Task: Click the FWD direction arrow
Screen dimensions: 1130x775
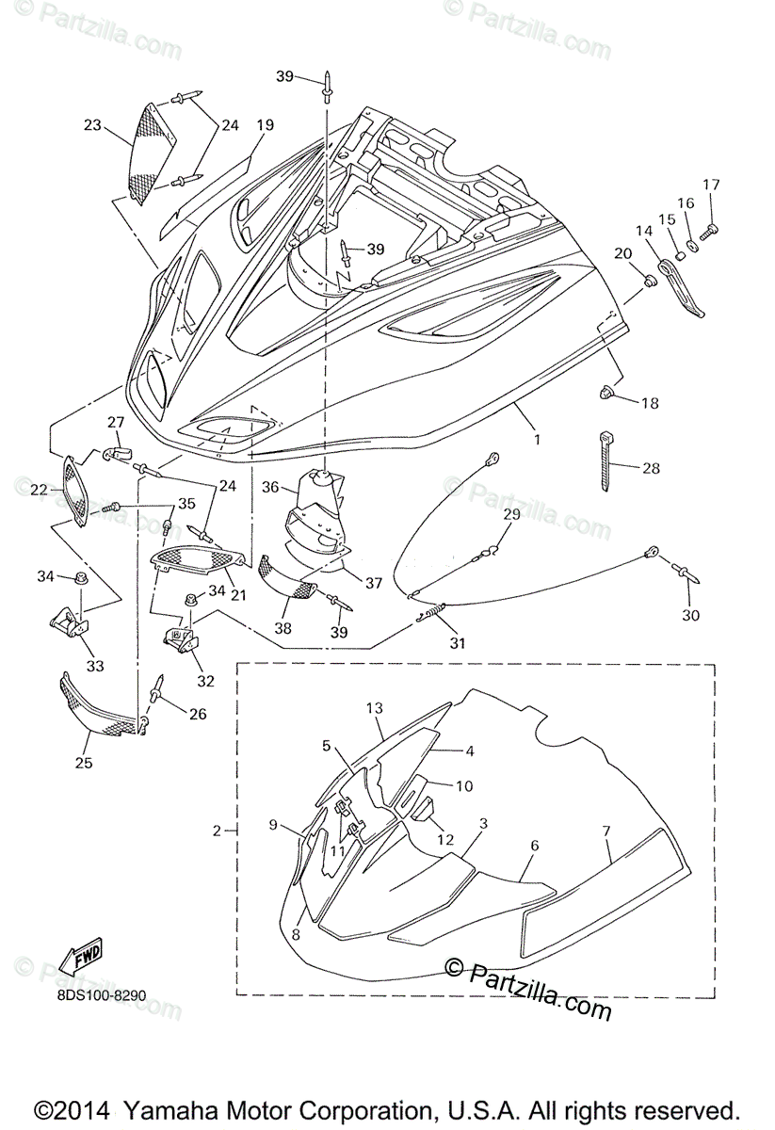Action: click(x=81, y=955)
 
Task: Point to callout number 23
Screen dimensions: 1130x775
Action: click(x=91, y=124)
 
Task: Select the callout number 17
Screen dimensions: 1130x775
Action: click(x=710, y=184)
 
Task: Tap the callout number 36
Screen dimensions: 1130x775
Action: click(x=270, y=487)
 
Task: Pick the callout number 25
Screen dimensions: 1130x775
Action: click(x=84, y=763)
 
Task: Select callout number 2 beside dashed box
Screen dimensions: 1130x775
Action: click(x=217, y=831)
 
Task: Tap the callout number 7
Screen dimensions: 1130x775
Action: click(x=606, y=831)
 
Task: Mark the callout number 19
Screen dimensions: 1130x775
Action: click(x=265, y=124)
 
